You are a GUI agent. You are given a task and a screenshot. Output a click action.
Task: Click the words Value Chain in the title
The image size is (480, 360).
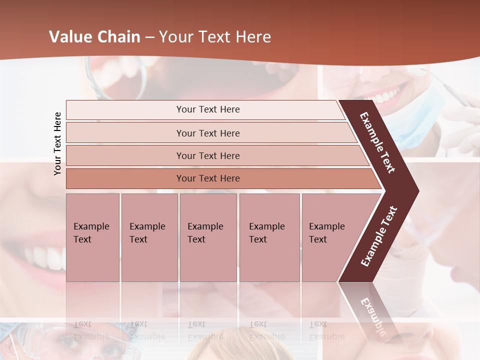pyautogui.click(x=94, y=37)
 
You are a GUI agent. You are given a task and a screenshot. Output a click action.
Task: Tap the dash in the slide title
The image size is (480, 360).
pyautogui.click(x=149, y=37)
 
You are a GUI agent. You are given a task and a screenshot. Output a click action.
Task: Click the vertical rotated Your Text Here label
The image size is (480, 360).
pyautogui.click(x=57, y=143)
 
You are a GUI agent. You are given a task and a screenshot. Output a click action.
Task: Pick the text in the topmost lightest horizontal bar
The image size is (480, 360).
pyautogui.click(x=208, y=109)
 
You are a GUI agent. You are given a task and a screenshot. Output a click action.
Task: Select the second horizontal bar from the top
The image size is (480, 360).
pyautogui.click(x=208, y=133)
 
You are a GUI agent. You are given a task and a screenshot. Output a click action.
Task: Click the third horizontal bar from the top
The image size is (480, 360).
pyautogui.click(x=208, y=155)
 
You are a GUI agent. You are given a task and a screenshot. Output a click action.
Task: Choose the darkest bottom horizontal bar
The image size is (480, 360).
pyautogui.click(x=208, y=178)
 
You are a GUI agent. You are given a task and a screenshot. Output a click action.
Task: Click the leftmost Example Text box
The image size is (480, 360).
pyautogui.click(x=92, y=237)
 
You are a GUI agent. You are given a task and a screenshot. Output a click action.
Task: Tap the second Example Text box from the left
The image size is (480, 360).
pyautogui.click(x=149, y=237)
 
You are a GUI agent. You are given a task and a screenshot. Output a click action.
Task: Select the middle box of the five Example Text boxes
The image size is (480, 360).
pyautogui.click(x=208, y=237)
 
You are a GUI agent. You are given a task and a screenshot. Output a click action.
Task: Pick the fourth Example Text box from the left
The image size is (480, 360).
pyautogui.click(x=269, y=237)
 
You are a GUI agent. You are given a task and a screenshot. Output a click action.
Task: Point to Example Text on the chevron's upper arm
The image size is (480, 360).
pyautogui.click(x=377, y=142)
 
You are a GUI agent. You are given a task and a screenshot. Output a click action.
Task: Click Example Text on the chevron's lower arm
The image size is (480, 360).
pyautogui.click(x=379, y=236)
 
